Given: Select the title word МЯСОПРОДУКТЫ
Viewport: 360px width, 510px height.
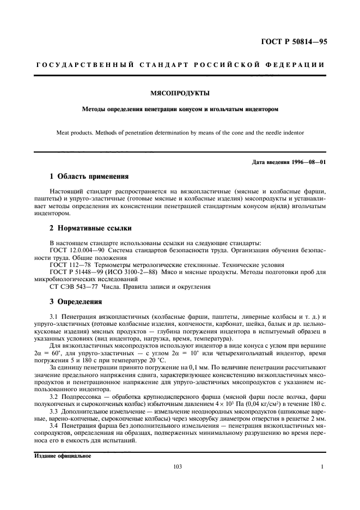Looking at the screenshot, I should click(180, 94).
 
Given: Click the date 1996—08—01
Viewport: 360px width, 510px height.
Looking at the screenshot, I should click(307, 162).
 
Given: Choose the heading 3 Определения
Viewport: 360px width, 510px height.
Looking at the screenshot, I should click(75, 301).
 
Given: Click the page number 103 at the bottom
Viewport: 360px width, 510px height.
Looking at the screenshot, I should click(177, 466).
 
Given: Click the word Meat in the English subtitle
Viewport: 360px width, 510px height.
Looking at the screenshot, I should click(64, 132).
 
